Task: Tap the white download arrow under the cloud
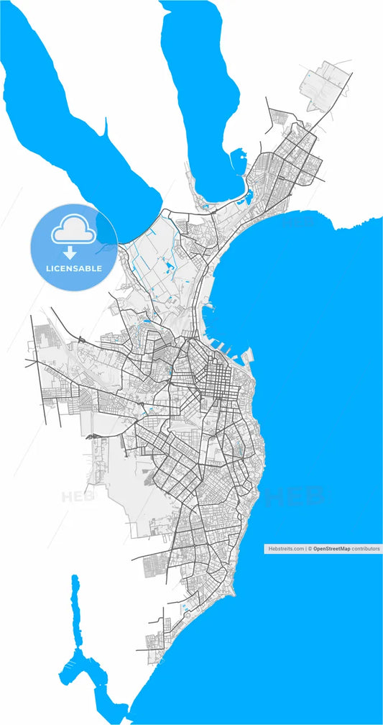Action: coord(70,252)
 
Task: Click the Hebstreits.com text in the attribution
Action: coord(286,548)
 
